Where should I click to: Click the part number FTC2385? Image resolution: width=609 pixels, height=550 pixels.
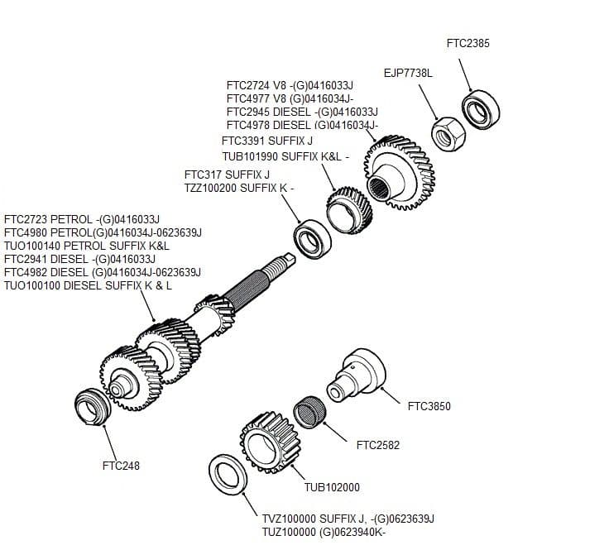(468, 43)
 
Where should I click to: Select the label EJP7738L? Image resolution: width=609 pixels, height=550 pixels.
(407, 73)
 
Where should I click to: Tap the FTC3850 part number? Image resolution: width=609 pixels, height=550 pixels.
(430, 406)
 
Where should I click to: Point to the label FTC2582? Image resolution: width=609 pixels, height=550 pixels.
(377, 445)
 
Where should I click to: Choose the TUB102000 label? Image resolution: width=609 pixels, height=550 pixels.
(332, 487)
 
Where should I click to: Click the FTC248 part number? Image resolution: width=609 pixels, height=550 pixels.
(121, 466)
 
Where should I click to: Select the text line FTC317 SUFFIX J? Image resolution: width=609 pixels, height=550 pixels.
(227, 175)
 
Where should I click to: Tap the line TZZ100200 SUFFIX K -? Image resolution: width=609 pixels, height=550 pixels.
(238, 188)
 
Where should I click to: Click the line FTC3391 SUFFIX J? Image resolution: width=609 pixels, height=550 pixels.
(266, 141)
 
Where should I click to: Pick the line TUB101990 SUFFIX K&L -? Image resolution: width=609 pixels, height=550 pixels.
(285, 156)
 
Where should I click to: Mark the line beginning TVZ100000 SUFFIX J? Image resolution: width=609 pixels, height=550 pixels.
(348, 519)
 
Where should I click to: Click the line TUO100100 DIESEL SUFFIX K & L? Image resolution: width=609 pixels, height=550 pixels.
(89, 285)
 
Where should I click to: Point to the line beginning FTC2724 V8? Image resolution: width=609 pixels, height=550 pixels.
(290, 85)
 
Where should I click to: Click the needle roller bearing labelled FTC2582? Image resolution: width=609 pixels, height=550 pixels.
(309, 412)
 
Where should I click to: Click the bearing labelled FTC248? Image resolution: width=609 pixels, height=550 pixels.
(90, 405)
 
